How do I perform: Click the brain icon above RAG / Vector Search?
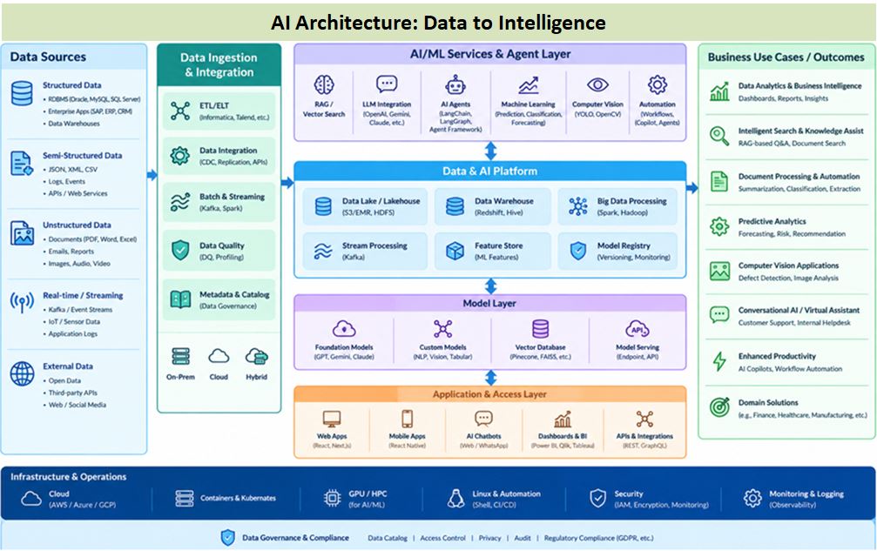click(x=324, y=85)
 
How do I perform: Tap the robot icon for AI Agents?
click(x=455, y=85)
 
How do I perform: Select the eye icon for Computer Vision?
click(x=597, y=84)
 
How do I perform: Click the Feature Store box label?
click(x=499, y=245)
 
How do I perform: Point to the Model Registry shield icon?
click(x=577, y=251)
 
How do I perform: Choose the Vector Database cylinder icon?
click(x=540, y=328)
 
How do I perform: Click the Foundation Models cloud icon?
click(x=344, y=328)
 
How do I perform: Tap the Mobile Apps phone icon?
click(x=408, y=419)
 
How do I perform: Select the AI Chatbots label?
click(x=484, y=436)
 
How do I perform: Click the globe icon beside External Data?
click(x=23, y=373)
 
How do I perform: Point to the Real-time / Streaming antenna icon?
click(x=23, y=302)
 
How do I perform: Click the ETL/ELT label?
click(x=214, y=105)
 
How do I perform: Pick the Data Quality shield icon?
click(x=180, y=251)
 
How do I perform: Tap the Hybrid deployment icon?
click(x=257, y=357)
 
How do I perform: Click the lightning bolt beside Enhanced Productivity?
click(x=719, y=361)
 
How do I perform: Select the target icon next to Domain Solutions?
click(x=719, y=407)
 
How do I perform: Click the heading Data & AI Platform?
click(x=490, y=171)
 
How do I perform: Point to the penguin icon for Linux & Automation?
click(x=455, y=498)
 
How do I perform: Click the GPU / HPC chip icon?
click(x=332, y=497)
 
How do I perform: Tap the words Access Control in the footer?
click(x=442, y=538)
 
